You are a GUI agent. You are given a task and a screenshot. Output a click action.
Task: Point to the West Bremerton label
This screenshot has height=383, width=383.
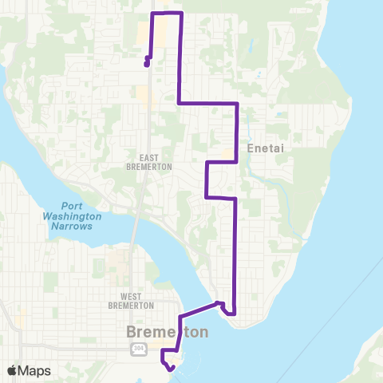[131, 301]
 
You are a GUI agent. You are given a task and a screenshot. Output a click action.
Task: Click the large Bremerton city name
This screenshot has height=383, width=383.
[167, 331]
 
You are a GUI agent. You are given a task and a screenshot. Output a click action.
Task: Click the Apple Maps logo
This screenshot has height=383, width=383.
[14, 370]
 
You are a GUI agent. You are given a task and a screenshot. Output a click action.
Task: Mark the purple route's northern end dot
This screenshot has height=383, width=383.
[147, 65]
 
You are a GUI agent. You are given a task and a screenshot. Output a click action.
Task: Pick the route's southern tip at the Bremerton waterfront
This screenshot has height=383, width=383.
[170, 368]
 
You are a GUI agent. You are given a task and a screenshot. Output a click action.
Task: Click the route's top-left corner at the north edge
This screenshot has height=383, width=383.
[153, 14]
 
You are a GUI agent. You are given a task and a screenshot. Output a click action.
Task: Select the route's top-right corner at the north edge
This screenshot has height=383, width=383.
[182, 14]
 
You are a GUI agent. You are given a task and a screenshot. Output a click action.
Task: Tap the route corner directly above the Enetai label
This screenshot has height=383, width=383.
[238, 104]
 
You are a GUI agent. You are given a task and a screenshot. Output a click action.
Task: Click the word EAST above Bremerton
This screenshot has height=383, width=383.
[144, 158]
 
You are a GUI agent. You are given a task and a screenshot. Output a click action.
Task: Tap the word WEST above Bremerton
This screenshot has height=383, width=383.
[131, 296]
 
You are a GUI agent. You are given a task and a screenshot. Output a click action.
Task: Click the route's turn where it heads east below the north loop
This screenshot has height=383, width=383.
[178, 103]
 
